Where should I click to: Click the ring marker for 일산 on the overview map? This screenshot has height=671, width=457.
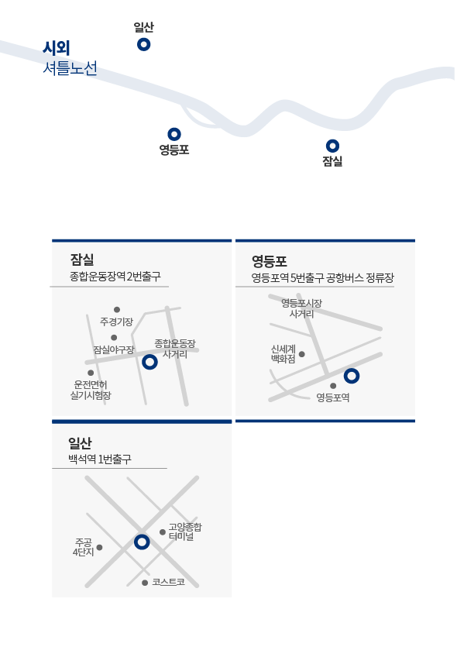tap(143, 39)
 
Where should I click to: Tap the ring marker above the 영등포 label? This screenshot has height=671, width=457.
tap(174, 129)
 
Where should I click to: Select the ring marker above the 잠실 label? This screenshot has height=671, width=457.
tap(332, 140)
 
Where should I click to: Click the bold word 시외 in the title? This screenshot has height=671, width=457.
tap(56, 48)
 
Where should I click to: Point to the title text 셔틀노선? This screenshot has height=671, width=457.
tap(70, 67)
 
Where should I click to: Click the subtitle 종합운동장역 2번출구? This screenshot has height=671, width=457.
tap(115, 276)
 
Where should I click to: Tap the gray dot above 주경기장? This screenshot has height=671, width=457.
tap(117, 309)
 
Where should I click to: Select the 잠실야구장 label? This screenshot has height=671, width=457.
tap(114, 349)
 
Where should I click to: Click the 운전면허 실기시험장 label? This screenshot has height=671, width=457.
tap(91, 390)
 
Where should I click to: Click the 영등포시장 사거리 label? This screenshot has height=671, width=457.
tap(301, 308)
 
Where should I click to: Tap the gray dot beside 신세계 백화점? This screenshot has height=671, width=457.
tap(301, 354)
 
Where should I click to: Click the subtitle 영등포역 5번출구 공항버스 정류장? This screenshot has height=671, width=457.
tap(323, 277)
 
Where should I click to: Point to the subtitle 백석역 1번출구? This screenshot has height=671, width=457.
tap(100, 459)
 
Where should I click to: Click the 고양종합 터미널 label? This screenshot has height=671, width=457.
tap(184, 532)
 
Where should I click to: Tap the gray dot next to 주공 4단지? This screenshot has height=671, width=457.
tap(99, 547)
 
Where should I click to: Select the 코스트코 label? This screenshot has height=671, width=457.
tap(168, 582)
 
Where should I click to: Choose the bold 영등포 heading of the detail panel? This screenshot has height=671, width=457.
tap(269, 260)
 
